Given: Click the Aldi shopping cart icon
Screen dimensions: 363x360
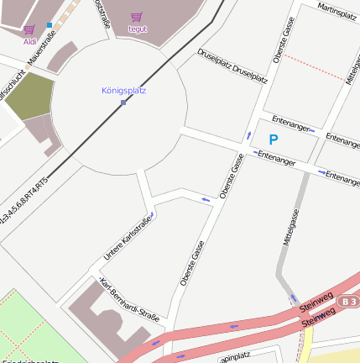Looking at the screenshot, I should coord(29,29).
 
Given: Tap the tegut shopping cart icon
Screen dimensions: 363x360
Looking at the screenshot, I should coord(137,17).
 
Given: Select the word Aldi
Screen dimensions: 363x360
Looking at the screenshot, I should coord(29,40).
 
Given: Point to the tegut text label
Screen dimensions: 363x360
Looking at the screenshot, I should coord(137,28).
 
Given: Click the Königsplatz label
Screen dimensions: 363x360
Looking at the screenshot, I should coord(123,90).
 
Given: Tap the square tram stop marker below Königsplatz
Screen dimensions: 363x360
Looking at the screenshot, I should coord(123,103).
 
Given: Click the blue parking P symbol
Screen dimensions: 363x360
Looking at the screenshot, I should coord(273,139).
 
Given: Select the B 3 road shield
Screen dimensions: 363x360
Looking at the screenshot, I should coord(349,300).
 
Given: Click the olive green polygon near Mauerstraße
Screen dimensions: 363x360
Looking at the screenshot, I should coord(29,97).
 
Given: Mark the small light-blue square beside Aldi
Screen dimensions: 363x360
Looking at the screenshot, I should coord(50,24).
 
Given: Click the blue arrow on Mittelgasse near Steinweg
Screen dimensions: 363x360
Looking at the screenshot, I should coord(293,297).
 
